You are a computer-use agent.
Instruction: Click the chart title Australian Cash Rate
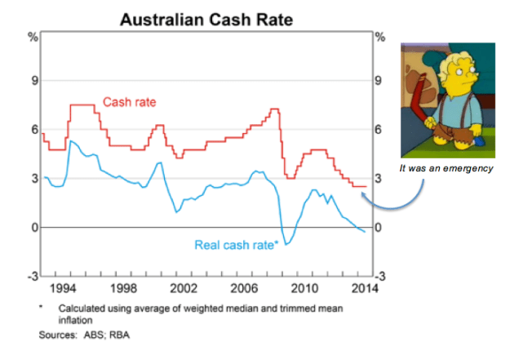[x=207, y=18]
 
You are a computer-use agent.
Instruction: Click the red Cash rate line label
[x=129, y=102]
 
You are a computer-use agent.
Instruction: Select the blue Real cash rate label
[x=237, y=244]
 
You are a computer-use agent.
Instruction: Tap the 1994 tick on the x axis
[x=69, y=288]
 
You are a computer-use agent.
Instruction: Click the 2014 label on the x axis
[x=364, y=288]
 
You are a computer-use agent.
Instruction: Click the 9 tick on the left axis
[x=34, y=81]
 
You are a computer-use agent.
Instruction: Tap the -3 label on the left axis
[x=33, y=277]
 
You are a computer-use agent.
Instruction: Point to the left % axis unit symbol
[x=33, y=37]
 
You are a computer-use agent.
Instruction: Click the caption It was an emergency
[x=446, y=168]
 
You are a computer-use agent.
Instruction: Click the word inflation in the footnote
[x=78, y=320]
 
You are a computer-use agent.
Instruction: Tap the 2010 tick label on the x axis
[x=305, y=288]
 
